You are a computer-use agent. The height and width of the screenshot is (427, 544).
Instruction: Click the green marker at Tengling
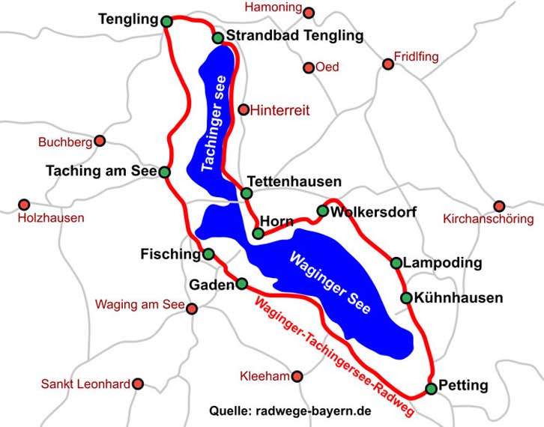166,21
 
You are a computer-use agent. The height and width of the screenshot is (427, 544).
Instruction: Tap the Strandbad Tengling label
294,36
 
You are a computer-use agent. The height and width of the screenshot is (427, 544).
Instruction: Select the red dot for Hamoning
309,13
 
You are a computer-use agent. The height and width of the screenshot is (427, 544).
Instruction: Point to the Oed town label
327,67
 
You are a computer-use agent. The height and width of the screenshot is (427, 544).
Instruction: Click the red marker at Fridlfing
388,64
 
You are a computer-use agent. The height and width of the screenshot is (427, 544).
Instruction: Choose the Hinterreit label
280,110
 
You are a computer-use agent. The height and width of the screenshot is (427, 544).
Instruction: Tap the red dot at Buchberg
100,141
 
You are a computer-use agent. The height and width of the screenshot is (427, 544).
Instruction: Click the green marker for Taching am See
165,172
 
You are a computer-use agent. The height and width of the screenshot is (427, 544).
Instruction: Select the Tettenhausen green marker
247,193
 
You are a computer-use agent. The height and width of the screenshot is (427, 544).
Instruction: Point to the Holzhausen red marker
24,205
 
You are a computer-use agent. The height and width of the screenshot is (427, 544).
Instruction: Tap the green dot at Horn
259,234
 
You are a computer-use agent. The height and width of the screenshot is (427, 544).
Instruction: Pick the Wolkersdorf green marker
322,211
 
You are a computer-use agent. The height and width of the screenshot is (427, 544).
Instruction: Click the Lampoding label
442,264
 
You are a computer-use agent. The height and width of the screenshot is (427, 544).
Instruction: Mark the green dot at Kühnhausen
406,297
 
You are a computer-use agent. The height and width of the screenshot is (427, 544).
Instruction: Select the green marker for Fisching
208,254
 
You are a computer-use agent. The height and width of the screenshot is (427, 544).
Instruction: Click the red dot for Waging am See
192,309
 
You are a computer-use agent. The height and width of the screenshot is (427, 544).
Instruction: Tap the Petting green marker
431,388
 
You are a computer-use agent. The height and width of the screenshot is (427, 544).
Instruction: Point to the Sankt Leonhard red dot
137,384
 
